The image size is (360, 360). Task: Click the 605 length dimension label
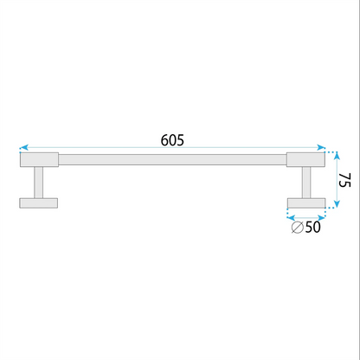(172, 140)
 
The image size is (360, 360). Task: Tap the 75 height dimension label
(344, 180)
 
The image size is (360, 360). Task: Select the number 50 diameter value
(312, 227)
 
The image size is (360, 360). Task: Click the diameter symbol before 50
(297, 228)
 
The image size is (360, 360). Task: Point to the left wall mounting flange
(39, 203)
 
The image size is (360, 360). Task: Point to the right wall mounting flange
(306, 203)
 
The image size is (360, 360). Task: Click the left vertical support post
(39, 183)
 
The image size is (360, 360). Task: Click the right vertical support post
(306, 183)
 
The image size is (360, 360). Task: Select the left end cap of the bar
(39, 159)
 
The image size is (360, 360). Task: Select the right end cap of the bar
(305, 159)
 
